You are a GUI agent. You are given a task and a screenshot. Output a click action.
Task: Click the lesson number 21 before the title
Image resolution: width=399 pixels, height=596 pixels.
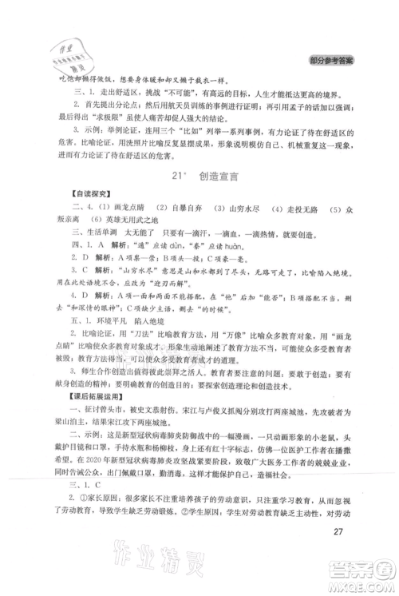click(176, 177)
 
